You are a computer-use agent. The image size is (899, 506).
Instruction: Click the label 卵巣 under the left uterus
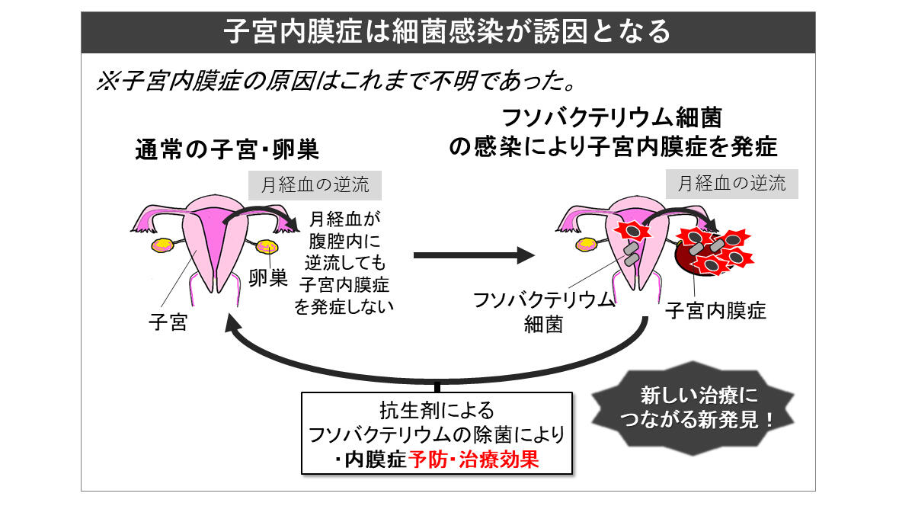(x=268, y=278)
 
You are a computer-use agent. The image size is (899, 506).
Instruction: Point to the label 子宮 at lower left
(x=168, y=322)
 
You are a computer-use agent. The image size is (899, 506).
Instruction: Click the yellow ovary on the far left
(x=162, y=245)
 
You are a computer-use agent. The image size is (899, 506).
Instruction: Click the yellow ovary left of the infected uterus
(x=587, y=245)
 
